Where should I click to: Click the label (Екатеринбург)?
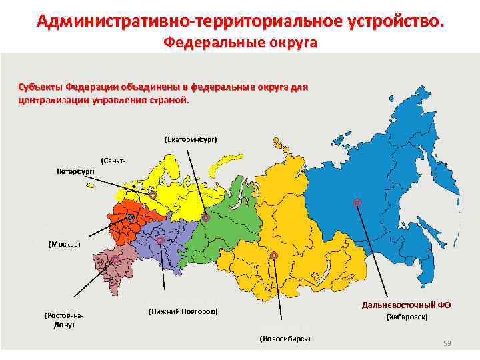click(190, 139)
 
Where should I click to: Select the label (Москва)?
click(64, 244)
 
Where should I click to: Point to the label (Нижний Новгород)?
click(183, 311)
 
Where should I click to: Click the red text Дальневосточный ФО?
click(406, 305)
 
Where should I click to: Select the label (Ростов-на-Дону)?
click(64, 319)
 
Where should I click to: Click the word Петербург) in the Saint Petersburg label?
click(75, 171)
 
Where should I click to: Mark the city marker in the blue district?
click(357, 202)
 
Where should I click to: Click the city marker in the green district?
click(205, 217)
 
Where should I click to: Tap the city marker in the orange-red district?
click(131, 217)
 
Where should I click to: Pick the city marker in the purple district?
click(160, 240)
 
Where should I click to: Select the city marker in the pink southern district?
click(115, 259)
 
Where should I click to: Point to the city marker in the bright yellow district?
click(153, 195)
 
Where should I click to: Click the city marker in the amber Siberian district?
click(273, 255)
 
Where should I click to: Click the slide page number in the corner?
click(447, 343)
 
